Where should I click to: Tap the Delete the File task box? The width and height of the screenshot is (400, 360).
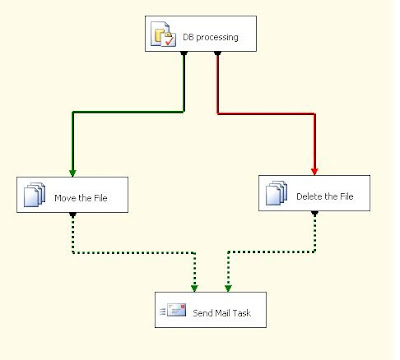319,193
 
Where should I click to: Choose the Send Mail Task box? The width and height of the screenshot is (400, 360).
210,311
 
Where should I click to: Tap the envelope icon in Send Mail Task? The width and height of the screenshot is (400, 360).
176,311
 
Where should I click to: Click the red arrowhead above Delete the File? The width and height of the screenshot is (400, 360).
317,170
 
